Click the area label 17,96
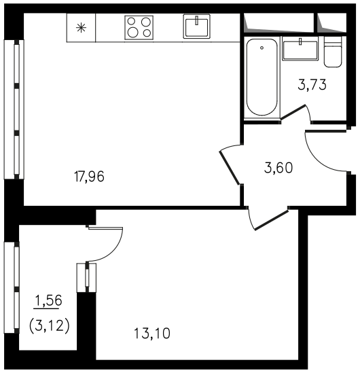[x=89, y=177]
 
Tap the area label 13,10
[x=152, y=334]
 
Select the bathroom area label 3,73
[x=312, y=85]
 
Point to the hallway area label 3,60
[x=278, y=168]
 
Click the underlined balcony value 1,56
[x=48, y=300]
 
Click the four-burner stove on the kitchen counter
[x=139, y=28]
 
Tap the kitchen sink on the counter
[x=197, y=26]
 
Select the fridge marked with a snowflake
[x=81, y=28]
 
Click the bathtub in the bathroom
[x=262, y=77]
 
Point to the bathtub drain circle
[x=262, y=48]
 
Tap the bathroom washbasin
[x=300, y=48]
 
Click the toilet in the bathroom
[x=333, y=52]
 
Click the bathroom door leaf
[x=293, y=111]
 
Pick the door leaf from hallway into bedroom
[x=272, y=221]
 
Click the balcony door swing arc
[x=112, y=251]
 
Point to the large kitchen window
[x=14, y=109]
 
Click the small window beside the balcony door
[x=86, y=278]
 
